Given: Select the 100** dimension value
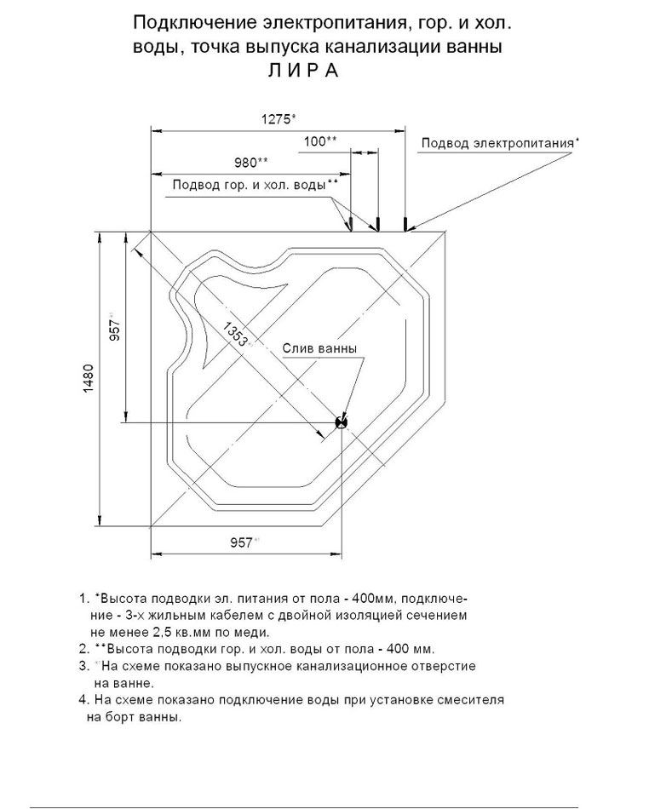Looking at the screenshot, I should coord(319,141).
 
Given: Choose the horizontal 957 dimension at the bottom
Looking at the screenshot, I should coord(244,542).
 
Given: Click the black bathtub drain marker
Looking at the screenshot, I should coord(342,421).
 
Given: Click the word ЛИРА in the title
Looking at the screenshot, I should coord(303,72).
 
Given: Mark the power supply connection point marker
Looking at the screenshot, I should coord(406,224).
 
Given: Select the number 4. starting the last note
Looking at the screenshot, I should coord(83,699).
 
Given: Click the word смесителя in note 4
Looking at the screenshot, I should coord(468,699).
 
